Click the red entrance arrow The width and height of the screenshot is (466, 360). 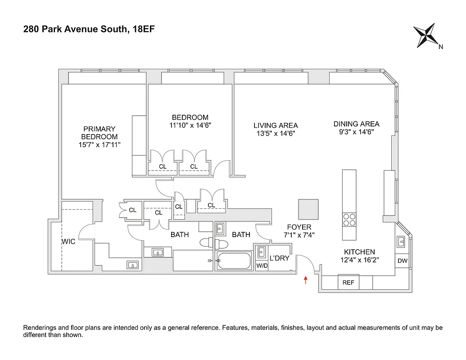pos(306,281)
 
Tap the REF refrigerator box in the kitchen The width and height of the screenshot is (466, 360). pos(348,283)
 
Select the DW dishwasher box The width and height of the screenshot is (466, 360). pos(402,261)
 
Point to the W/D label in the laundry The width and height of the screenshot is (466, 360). pos(261,265)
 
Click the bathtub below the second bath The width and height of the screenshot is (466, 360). pos(234,260)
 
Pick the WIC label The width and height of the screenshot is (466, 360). pos(68,242)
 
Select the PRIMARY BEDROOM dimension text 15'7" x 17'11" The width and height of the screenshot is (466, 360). pos(100,144)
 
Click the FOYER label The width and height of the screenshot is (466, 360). pos(299,227)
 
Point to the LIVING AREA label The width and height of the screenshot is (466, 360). pos(276,126)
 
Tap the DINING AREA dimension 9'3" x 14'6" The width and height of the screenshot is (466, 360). pos(356,132)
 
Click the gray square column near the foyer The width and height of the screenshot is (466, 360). pos(308,209)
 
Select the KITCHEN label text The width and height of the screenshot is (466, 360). pos(359,252)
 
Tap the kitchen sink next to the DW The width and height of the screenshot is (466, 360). pos(402,242)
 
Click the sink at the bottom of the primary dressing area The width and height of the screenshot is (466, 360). pos(132,265)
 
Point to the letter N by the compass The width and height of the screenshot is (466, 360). pos(441,47)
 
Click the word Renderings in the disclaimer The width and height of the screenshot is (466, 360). pos(40,328)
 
